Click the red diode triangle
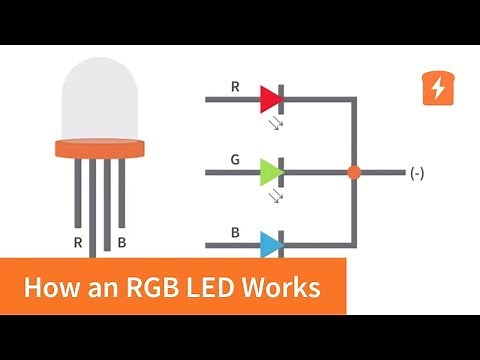pyautogui.click(x=269, y=99)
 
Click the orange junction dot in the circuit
pyautogui.click(x=353, y=172)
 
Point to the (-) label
pyautogui.click(x=417, y=173)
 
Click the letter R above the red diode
pyautogui.click(x=235, y=86)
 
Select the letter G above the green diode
pyautogui.click(x=235, y=159)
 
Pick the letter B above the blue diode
pyautogui.click(x=235, y=232)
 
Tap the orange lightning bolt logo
pyautogui.click(x=437, y=89)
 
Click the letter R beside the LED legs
pyautogui.click(x=77, y=241)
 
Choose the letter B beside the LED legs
pyautogui.click(x=122, y=241)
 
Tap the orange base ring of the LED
pyautogui.click(x=99, y=149)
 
